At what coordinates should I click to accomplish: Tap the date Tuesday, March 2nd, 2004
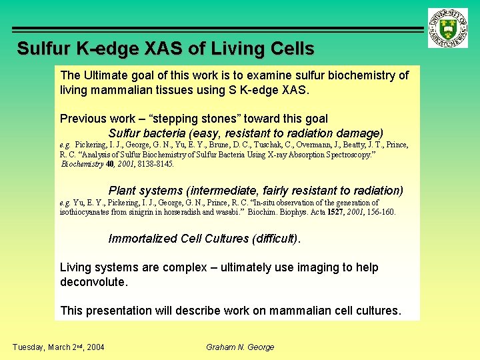point(57,347)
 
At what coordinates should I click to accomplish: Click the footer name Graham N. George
point(240,347)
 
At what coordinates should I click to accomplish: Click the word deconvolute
point(93,282)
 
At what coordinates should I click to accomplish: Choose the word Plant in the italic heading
point(123,191)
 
